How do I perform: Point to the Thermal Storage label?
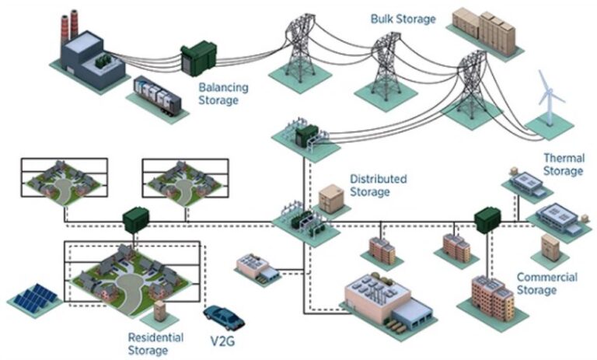click(564, 164)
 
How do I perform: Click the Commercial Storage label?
click(546, 284)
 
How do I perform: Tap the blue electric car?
click(223, 316)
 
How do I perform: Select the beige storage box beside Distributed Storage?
click(332, 199)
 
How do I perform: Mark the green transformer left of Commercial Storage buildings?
click(487, 218)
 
